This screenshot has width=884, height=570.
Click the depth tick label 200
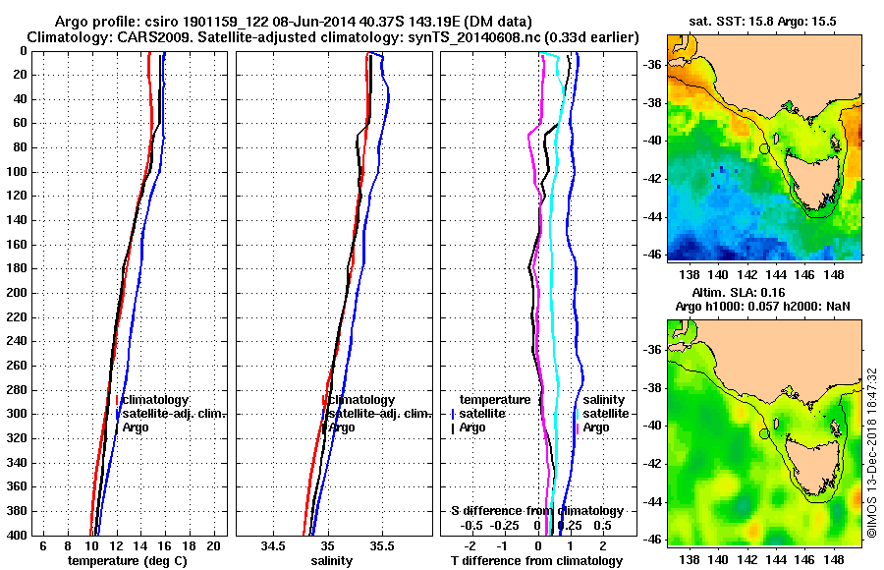coord(15,293)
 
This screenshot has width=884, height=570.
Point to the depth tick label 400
coord(15,535)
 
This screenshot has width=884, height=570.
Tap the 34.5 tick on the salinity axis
coord(274,545)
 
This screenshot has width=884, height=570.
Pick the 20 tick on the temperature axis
coord(213,545)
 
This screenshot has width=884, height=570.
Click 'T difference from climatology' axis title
coord(536,560)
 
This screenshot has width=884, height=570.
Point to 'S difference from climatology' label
coord(536,511)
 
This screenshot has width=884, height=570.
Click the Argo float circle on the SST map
coord(764,148)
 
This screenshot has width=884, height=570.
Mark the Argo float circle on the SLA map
coord(764,433)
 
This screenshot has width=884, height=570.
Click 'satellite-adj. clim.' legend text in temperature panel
coord(174,414)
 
